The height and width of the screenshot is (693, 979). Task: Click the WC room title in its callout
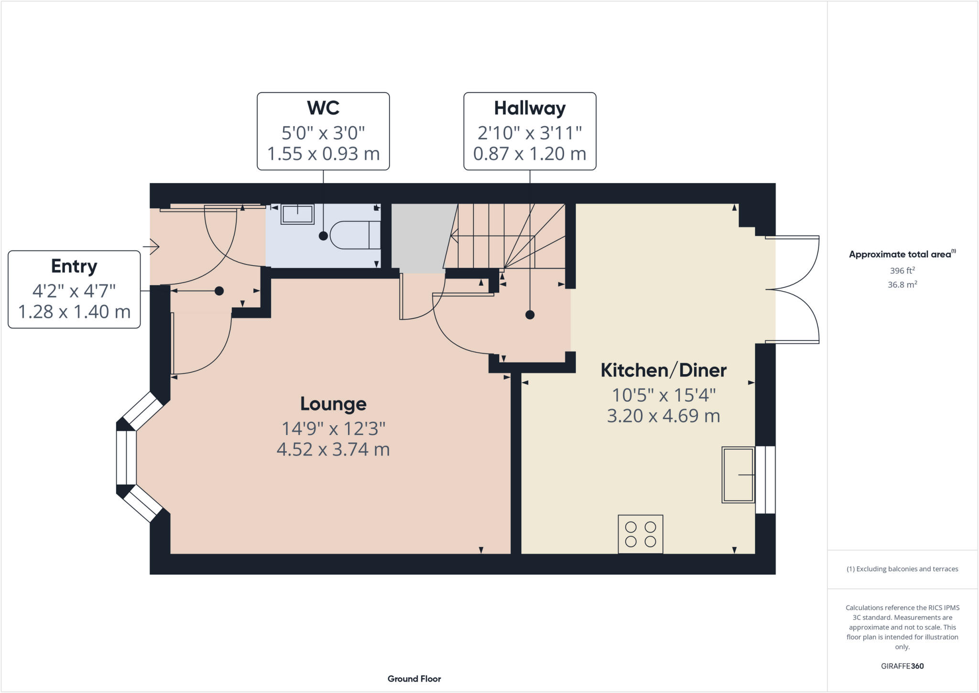tap(323, 108)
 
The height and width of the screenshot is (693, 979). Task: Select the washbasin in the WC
tap(297, 214)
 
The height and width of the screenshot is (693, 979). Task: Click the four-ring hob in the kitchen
tap(641, 534)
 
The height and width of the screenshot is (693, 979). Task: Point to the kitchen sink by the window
tap(738, 474)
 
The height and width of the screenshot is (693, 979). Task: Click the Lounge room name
tap(333, 404)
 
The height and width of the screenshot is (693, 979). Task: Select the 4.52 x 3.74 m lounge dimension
tap(333, 450)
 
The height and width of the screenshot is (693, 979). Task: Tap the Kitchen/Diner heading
tap(664, 371)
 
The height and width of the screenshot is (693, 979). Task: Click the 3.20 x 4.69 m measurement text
tap(664, 416)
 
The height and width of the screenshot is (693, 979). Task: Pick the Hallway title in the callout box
tap(530, 108)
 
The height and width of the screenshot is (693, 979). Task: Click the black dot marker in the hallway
tap(530, 315)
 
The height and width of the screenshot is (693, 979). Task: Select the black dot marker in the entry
tap(219, 291)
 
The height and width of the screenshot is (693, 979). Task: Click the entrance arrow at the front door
tap(152, 246)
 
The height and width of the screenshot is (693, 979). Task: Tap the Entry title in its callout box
tap(74, 266)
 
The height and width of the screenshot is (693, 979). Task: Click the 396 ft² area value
tap(902, 271)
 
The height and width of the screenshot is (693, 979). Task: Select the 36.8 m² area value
tap(902, 285)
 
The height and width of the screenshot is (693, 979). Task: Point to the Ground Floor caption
tap(414, 679)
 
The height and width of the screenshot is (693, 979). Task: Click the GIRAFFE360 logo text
tap(902, 666)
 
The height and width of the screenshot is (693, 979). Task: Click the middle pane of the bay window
tap(126, 458)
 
